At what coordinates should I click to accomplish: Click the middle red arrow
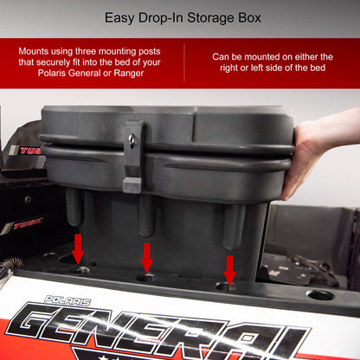tap(146, 257)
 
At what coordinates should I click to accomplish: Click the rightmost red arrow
tap(229, 268)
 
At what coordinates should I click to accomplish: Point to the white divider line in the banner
tap(183, 62)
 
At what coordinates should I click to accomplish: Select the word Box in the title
tap(244, 16)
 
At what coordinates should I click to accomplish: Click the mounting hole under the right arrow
tap(227, 286)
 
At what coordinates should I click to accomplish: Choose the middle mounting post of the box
tap(147, 216)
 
